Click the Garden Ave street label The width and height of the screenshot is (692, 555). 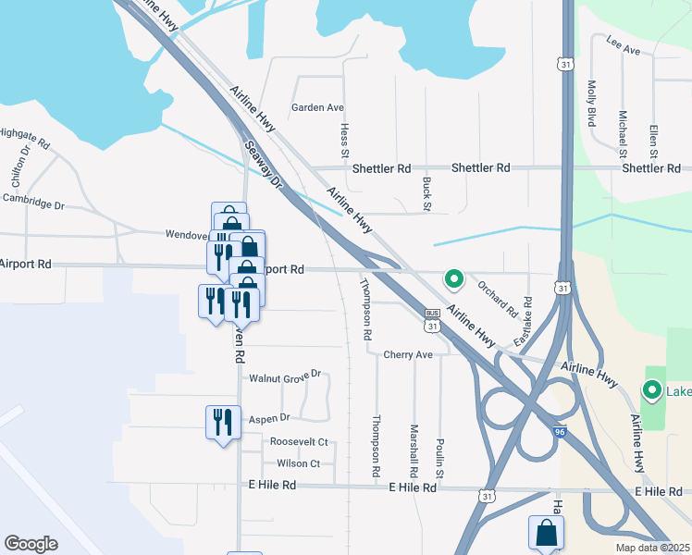pos(317,107)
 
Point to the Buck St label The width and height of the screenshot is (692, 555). pos(426,192)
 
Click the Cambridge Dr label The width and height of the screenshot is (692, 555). pos(33,199)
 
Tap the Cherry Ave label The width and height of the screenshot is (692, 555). pos(408,354)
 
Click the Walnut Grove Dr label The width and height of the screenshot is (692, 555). pos(284,376)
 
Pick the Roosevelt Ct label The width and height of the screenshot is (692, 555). pos(299,441)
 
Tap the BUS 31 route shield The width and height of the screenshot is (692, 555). pos(431,320)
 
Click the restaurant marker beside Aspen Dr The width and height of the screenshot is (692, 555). pos(222,423)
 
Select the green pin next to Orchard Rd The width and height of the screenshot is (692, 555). pos(453,277)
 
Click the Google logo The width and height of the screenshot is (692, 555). pos(31,544)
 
